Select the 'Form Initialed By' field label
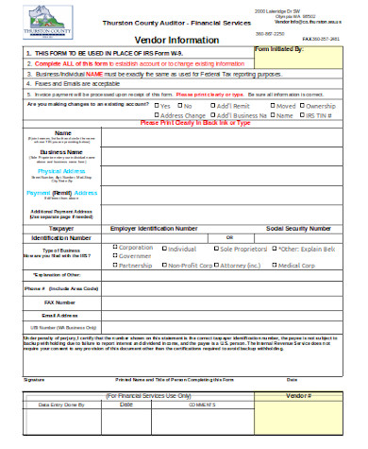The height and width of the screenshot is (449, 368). click(x=292, y=47)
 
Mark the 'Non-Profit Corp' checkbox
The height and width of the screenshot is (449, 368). click(x=161, y=266)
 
